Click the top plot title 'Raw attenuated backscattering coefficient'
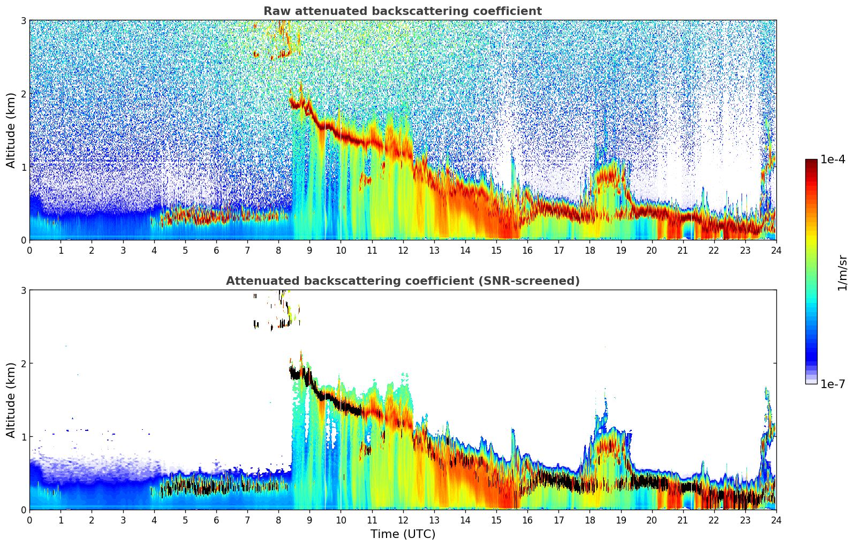pyautogui.click(x=402, y=11)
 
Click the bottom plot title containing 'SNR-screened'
pyautogui.click(x=402, y=281)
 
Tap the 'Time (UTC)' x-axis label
pyautogui.click(x=403, y=534)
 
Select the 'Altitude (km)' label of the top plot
pyautogui.click(x=11, y=130)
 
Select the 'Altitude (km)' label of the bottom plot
pyautogui.click(x=11, y=400)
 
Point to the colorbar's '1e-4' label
pyautogui.click(x=833, y=160)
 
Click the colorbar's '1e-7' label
pyautogui.click(x=833, y=384)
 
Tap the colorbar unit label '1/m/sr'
pyautogui.click(x=842, y=272)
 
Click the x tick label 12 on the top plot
pyautogui.click(x=403, y=250)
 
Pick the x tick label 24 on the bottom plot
pyautogui.click(x=776, y=520)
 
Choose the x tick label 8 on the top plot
pyautogui.click(x=278, y=250)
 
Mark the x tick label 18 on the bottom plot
pyautogui.click(x=590, y=520)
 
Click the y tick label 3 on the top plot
pyautogui.click(x=24, y=20)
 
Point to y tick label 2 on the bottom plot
pyautogui.click(x=24, y=363)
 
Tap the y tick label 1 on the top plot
pyautogui.click(x=24, y=167)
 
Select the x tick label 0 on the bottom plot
pyautogui.click(x=29, y=520)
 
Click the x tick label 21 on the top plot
pyautogui.click(x=683, y=250)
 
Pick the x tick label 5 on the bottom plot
pyautogui.click(x=185, y=520)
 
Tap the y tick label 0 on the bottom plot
pyautogui.click(x=24, y=510)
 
